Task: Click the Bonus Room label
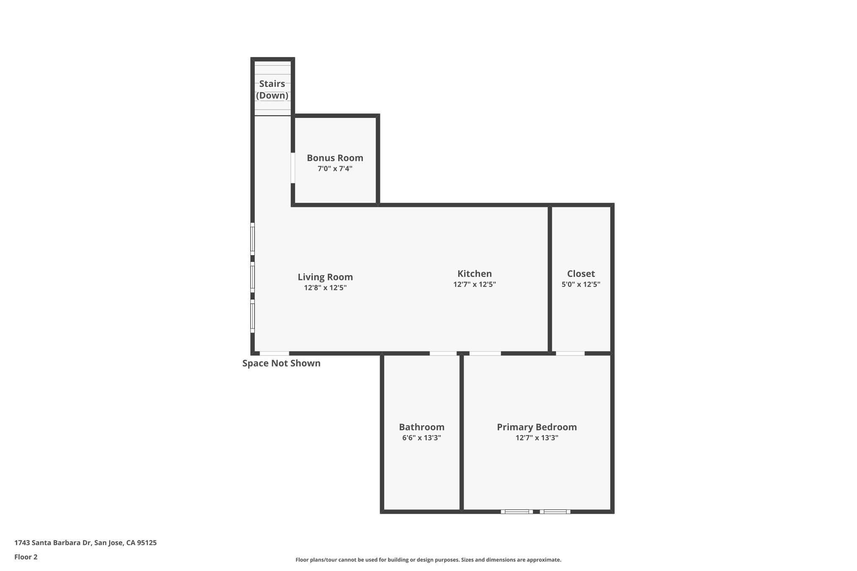click(335, 158)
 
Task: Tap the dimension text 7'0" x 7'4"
click(335, 169)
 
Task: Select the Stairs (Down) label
click(272, 90)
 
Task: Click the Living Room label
click(325, 277)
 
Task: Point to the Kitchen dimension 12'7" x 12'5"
click(475, 284)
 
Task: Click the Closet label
click(581, 274)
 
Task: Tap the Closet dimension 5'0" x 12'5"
click(581, 284)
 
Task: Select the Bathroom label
click(421, 427)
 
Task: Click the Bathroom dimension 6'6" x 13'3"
click(421, 438)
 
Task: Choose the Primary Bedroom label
click(536, 427)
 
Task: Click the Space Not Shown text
click(281, 364)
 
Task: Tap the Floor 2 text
click(26, 557)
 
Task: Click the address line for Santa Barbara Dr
click(85, 543)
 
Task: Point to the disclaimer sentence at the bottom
click(428, 560)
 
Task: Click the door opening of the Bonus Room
click(293, 168)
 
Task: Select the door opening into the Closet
click(570, 353)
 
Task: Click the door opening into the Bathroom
click(443, 353)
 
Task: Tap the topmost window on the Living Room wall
click(252, 238)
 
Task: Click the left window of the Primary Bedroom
click(517, 511)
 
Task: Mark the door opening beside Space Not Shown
click(274, 353)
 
